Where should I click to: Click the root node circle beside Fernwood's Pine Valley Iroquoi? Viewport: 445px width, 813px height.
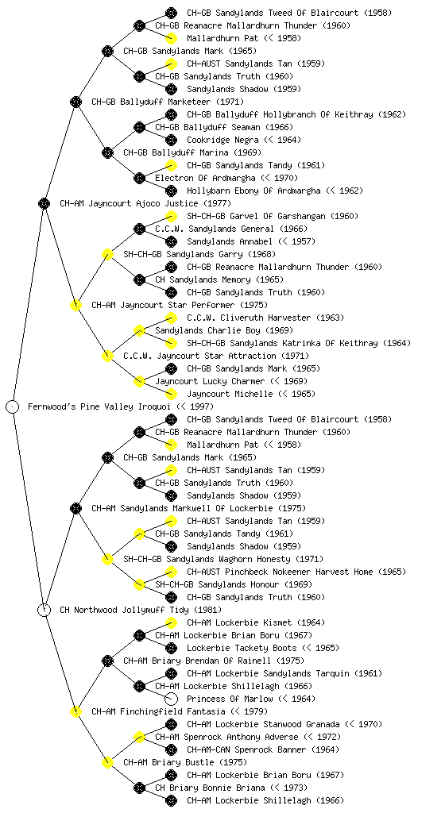tap(13, 406)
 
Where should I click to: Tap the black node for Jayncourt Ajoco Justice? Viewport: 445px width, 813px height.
tap(44, 203)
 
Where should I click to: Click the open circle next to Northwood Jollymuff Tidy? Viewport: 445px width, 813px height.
tap(44, 610)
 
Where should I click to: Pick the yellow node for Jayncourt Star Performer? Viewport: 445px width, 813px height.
tap(75, 305)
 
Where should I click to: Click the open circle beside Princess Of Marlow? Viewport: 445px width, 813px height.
tap(171, 699)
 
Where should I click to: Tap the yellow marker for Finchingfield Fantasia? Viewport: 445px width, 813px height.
tap(75, 711)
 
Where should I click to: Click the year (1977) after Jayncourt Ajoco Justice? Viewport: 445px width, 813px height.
tap(217, 203)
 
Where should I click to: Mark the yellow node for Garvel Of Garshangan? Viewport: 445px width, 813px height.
tap(171, 216)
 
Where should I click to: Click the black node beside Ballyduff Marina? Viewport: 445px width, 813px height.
tap(107, 152)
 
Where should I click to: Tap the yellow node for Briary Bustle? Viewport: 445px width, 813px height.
tap(107, 762)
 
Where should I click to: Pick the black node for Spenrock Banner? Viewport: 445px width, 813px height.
tap(171, 749)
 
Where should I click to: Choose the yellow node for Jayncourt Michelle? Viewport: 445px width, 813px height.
tap(171, 394)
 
